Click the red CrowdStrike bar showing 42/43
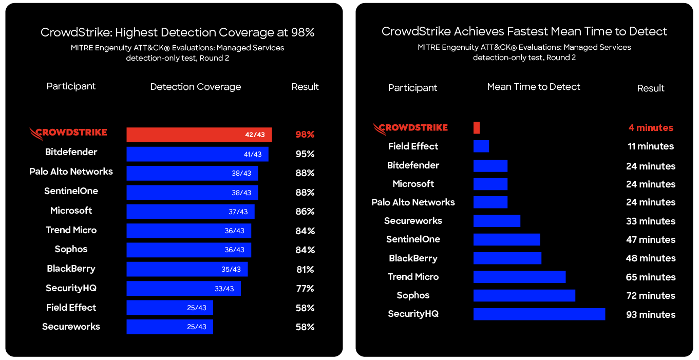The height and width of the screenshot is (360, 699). coord(199,135)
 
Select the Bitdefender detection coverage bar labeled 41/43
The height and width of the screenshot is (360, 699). coord(197,154)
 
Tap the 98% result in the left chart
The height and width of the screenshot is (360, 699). coord(305,135)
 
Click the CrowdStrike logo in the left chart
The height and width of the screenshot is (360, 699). coord(68,133)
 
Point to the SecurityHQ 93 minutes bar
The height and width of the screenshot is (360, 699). coord(539,314)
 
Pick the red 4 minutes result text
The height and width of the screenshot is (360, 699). coord(650,128)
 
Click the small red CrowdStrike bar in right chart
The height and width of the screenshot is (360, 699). coord(477,128)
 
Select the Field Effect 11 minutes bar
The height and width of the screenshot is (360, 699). coord(481,146)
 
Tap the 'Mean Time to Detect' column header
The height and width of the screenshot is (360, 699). coord(533,87)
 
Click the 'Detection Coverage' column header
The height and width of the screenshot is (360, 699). coord(195,87)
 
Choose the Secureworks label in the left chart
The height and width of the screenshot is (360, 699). coord(71,327)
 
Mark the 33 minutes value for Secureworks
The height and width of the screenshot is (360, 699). coord(650,221)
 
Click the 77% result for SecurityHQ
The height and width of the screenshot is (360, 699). coord(305,289)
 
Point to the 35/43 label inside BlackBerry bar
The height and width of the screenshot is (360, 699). coord(231,269)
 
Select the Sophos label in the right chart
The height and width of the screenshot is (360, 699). coord(413,295)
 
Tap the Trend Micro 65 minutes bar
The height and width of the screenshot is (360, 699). coord(519,277)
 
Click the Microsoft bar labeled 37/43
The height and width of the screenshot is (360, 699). coord(190,212)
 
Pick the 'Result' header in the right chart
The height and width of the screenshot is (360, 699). coord(650,88)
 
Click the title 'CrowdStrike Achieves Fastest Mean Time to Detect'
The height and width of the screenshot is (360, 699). coord(524,31)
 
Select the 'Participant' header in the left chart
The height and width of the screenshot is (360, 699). coord(71,86)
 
